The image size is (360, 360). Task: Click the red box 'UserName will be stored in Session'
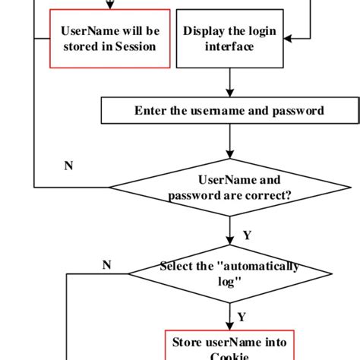click(109, 38)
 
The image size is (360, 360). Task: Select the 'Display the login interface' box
click(229, 38)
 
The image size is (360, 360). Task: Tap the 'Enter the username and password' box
click(229, 111)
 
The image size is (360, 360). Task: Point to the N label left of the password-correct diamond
click(68, 165)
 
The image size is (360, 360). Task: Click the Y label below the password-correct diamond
click(247, 235)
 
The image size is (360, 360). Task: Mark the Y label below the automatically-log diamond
click(242, 316)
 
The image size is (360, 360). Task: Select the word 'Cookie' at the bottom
click(229, 355)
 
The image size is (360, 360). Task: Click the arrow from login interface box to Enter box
click(229, 82)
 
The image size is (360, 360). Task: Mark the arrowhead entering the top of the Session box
click(109, 6)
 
